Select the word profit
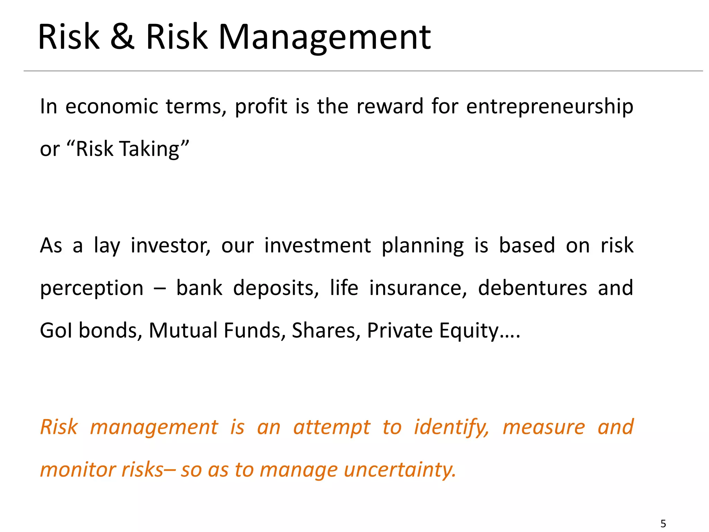pos(261,107)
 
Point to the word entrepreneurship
pos(550,107)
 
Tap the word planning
pos(422,246)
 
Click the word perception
pos(91,289)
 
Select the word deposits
pos(276,289)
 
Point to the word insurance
pos(418,288)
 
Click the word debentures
pos(532,288)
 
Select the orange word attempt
pos(332,427)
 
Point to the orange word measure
pos(544,427)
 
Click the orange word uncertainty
pos(400,470)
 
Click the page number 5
pos(663,523)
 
